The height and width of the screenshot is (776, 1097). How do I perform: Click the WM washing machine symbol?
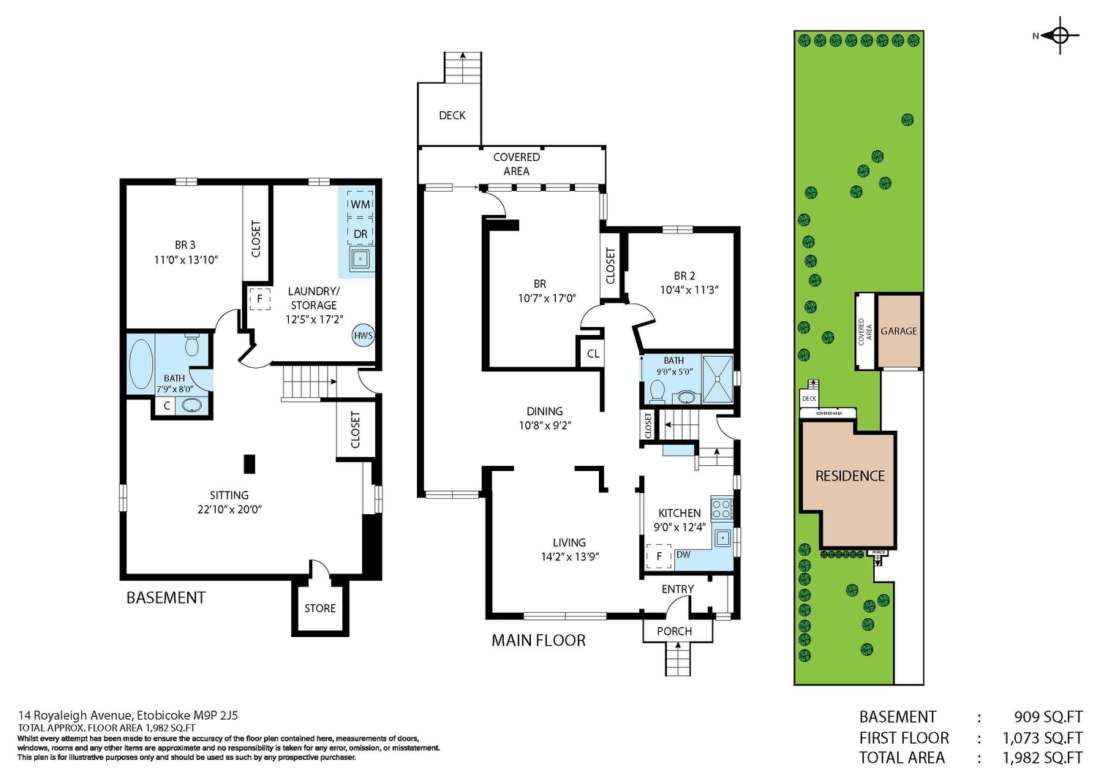pos(360,203)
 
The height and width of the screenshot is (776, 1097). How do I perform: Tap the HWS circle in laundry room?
pos(363,336)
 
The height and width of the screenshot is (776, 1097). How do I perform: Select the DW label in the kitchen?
pos(683,554)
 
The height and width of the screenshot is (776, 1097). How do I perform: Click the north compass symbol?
pos(1060,35)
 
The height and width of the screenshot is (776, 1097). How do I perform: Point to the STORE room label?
pos(320,608)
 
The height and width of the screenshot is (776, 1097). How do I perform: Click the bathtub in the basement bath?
pos(140,364)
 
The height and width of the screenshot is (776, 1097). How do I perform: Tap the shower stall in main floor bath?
pos(717,379)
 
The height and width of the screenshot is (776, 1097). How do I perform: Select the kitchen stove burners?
pos(721,508)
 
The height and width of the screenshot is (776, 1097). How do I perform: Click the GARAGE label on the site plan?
pos(899,331)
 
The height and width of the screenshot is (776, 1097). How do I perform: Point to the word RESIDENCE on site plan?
pos(850,475)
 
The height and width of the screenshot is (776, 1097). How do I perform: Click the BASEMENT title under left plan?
pos(166,598)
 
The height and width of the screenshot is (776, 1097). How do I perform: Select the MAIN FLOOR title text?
pos(538,640)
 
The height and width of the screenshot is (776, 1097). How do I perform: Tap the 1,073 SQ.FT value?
pos(1043,737)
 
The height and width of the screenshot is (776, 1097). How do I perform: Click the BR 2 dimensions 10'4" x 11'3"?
pos(689,290)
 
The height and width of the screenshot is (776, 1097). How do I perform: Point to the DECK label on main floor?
pos(452,115)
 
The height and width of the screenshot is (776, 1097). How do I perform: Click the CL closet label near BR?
pos(593,353)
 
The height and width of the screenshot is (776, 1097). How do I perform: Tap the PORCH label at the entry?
pos(674,631)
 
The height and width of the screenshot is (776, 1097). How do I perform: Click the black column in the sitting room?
pos(249,464)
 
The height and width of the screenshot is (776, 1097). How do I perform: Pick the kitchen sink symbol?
pos(723,538)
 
